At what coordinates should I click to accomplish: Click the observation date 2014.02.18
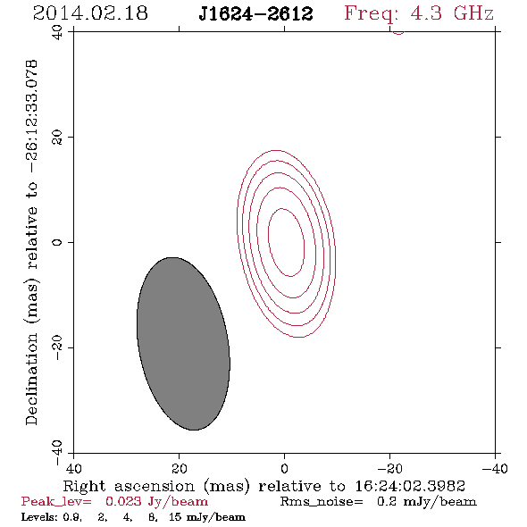[x=90, y=13]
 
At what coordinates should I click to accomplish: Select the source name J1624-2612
[x=255, y=14]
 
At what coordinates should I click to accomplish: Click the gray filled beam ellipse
[x=183, y=344]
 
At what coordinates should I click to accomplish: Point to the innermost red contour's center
[x=287, y=242]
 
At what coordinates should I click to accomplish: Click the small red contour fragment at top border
[x=398, y=32]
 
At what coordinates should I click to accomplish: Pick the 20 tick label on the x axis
[x=180, y=469]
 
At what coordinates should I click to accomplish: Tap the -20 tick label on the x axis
[x=389, y=469]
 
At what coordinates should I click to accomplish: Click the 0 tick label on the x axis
[x=285, y=469]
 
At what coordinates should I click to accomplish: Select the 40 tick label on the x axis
[x=73, y=469]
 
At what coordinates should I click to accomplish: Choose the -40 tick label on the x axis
[x=495, y=469]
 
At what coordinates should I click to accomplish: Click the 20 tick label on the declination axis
[x=57, y=138]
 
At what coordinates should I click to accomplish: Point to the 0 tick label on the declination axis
[x=57, y=242]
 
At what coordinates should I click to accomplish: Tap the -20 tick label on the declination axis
[x=57, y=347]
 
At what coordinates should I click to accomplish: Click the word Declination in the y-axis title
[x=31, y=379]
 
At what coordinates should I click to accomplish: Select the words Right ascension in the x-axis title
[x=129, y=486]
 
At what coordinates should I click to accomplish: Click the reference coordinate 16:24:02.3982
[x=410, y=486]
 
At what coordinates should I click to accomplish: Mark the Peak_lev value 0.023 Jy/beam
[x=156, y=501]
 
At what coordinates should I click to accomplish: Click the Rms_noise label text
[x=322, y=501]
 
